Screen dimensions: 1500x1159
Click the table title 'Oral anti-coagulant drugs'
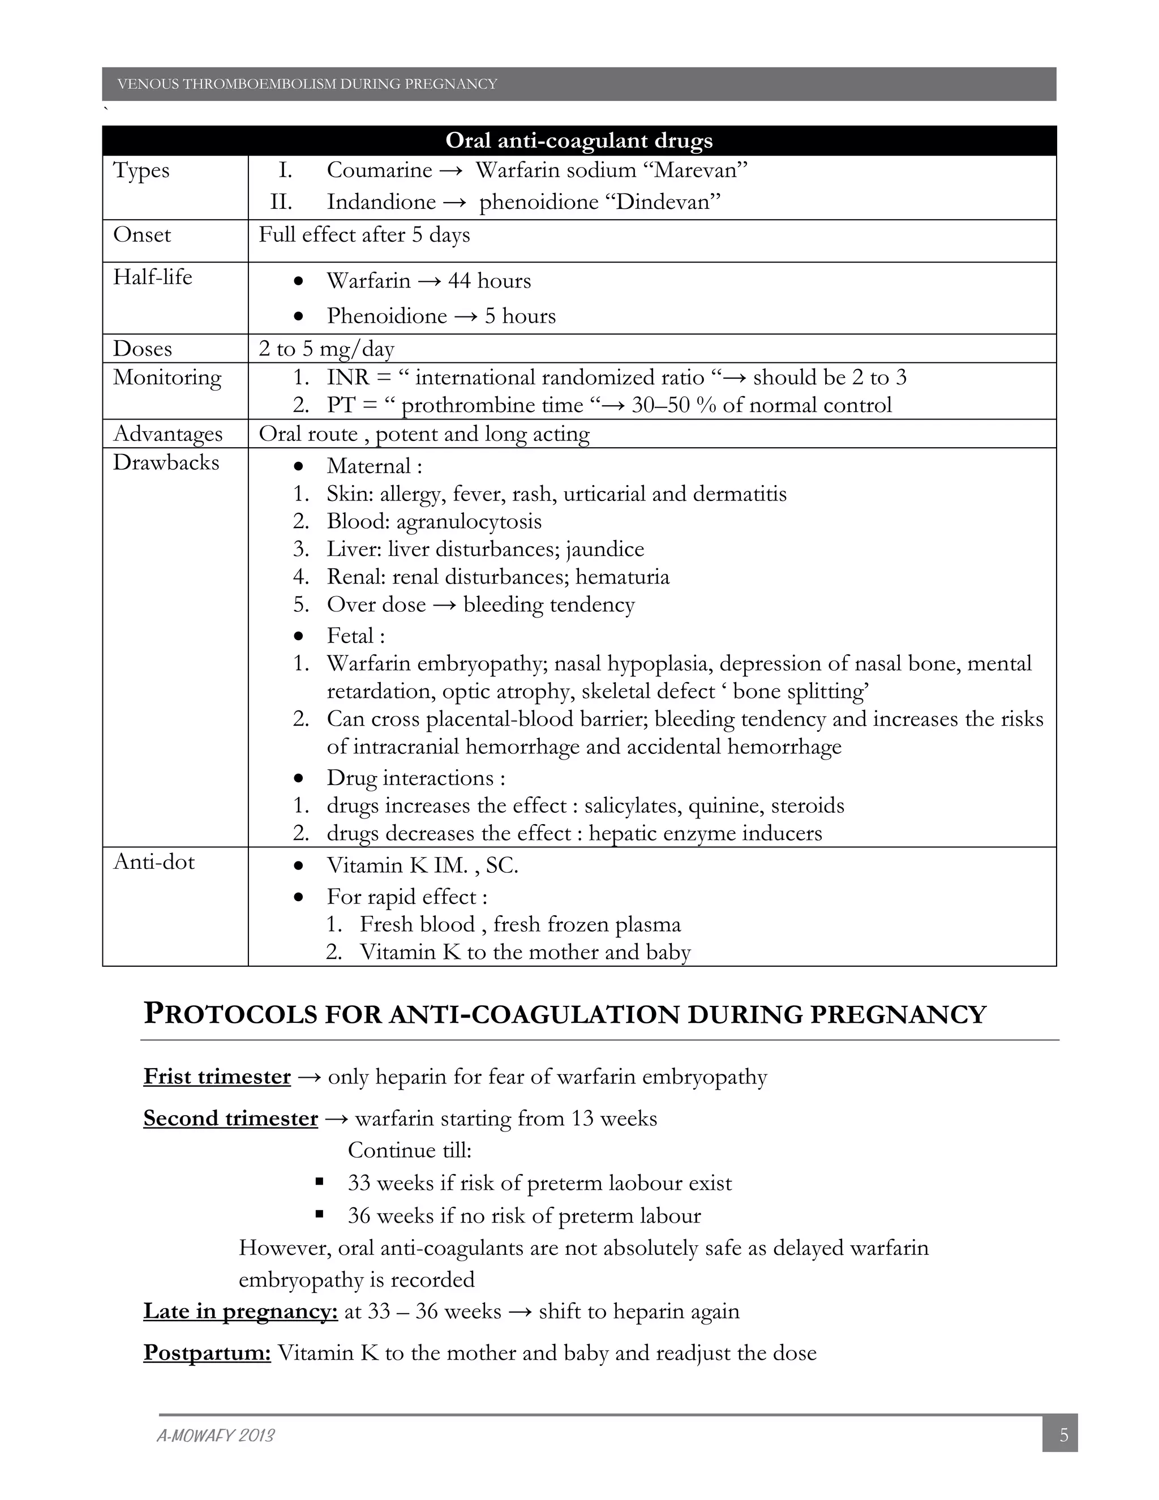[x=579, y=141]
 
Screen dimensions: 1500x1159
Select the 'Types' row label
[x=141, y=170]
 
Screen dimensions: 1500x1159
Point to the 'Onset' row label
[x=141, y=235]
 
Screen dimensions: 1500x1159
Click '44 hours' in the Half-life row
[x=489, y=281]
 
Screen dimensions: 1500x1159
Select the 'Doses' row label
[x=142, y=349]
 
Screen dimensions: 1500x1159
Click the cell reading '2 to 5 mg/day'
[x=326, y=349]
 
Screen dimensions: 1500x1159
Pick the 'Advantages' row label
[x=168, y=434]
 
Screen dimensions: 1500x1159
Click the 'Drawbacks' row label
[x=165, y=463]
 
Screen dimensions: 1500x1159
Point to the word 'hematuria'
[x=622, y=577]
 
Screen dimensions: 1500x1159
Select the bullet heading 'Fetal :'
[x=355, y=636]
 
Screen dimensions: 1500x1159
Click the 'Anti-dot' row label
[x=154, y=862]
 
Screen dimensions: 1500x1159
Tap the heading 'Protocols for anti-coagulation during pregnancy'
[x=564, y=1014]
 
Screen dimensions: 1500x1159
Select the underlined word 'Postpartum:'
[x=207, y=1353]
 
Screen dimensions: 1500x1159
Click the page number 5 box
[x=1063, y=1435]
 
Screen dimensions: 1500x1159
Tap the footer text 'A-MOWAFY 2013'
[x=216, y=1436]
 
